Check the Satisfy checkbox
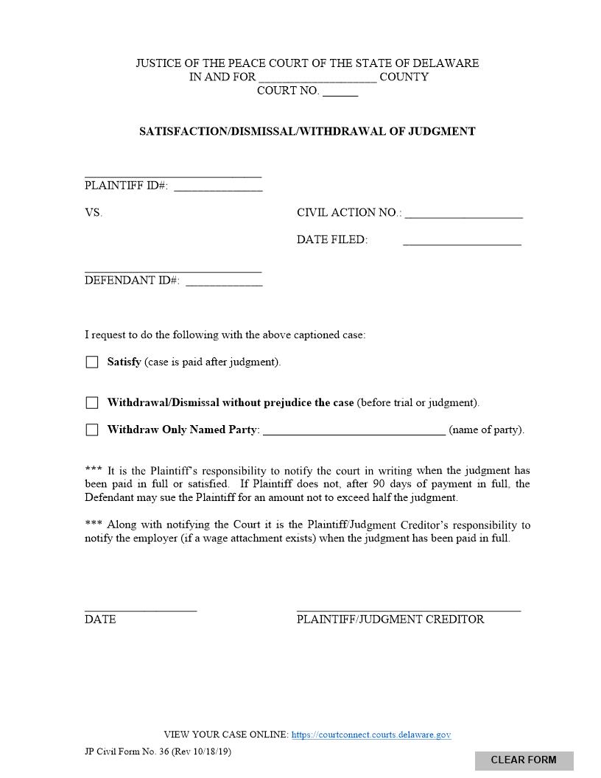(92, 362)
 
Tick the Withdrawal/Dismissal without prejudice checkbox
(92, 403)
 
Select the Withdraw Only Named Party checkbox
(92, 430)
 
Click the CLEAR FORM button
(524, 760)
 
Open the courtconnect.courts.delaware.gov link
(371, 735)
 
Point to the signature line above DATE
(141, 609)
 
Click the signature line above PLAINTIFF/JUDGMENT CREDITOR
(409, 609)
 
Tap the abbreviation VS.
(94, 213)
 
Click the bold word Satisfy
(124, 362)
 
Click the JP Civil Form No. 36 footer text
(158, 751)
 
